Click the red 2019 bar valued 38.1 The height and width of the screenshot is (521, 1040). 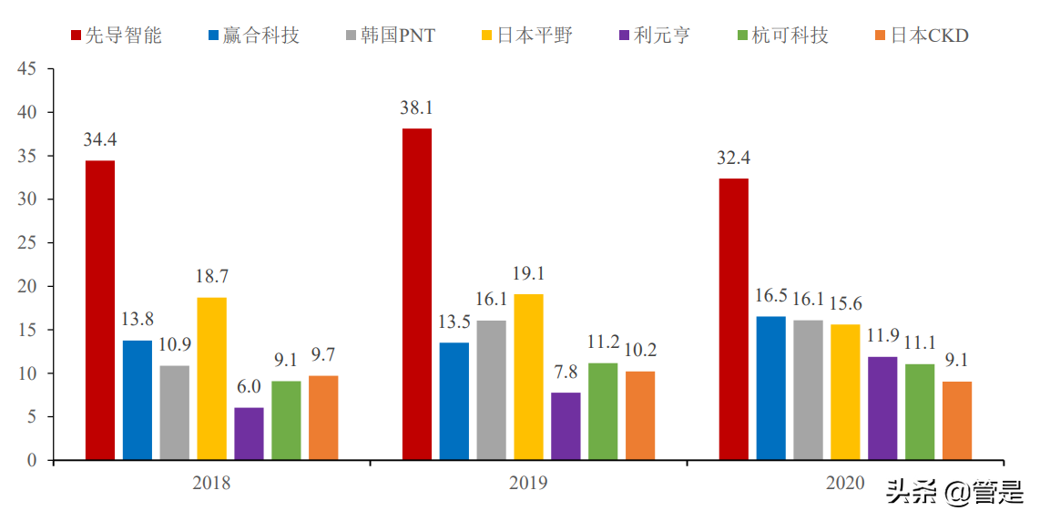[417, 293]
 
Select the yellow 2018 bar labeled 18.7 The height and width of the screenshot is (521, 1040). [211, 378]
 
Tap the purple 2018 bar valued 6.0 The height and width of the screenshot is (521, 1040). [249, 434]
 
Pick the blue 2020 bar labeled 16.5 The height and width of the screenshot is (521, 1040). [770, 388]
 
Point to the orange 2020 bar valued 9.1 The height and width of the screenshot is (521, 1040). [956, 420]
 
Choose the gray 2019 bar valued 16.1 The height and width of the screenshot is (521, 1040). [491, 390]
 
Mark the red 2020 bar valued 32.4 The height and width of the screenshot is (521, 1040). [733, 319]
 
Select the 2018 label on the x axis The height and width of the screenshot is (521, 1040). [211, 483]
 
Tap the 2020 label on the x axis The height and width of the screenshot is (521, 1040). [844, 483]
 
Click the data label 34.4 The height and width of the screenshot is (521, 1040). [100, 140]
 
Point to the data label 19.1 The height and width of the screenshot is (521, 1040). [528, 273]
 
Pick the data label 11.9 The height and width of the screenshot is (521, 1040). [882, 336]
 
